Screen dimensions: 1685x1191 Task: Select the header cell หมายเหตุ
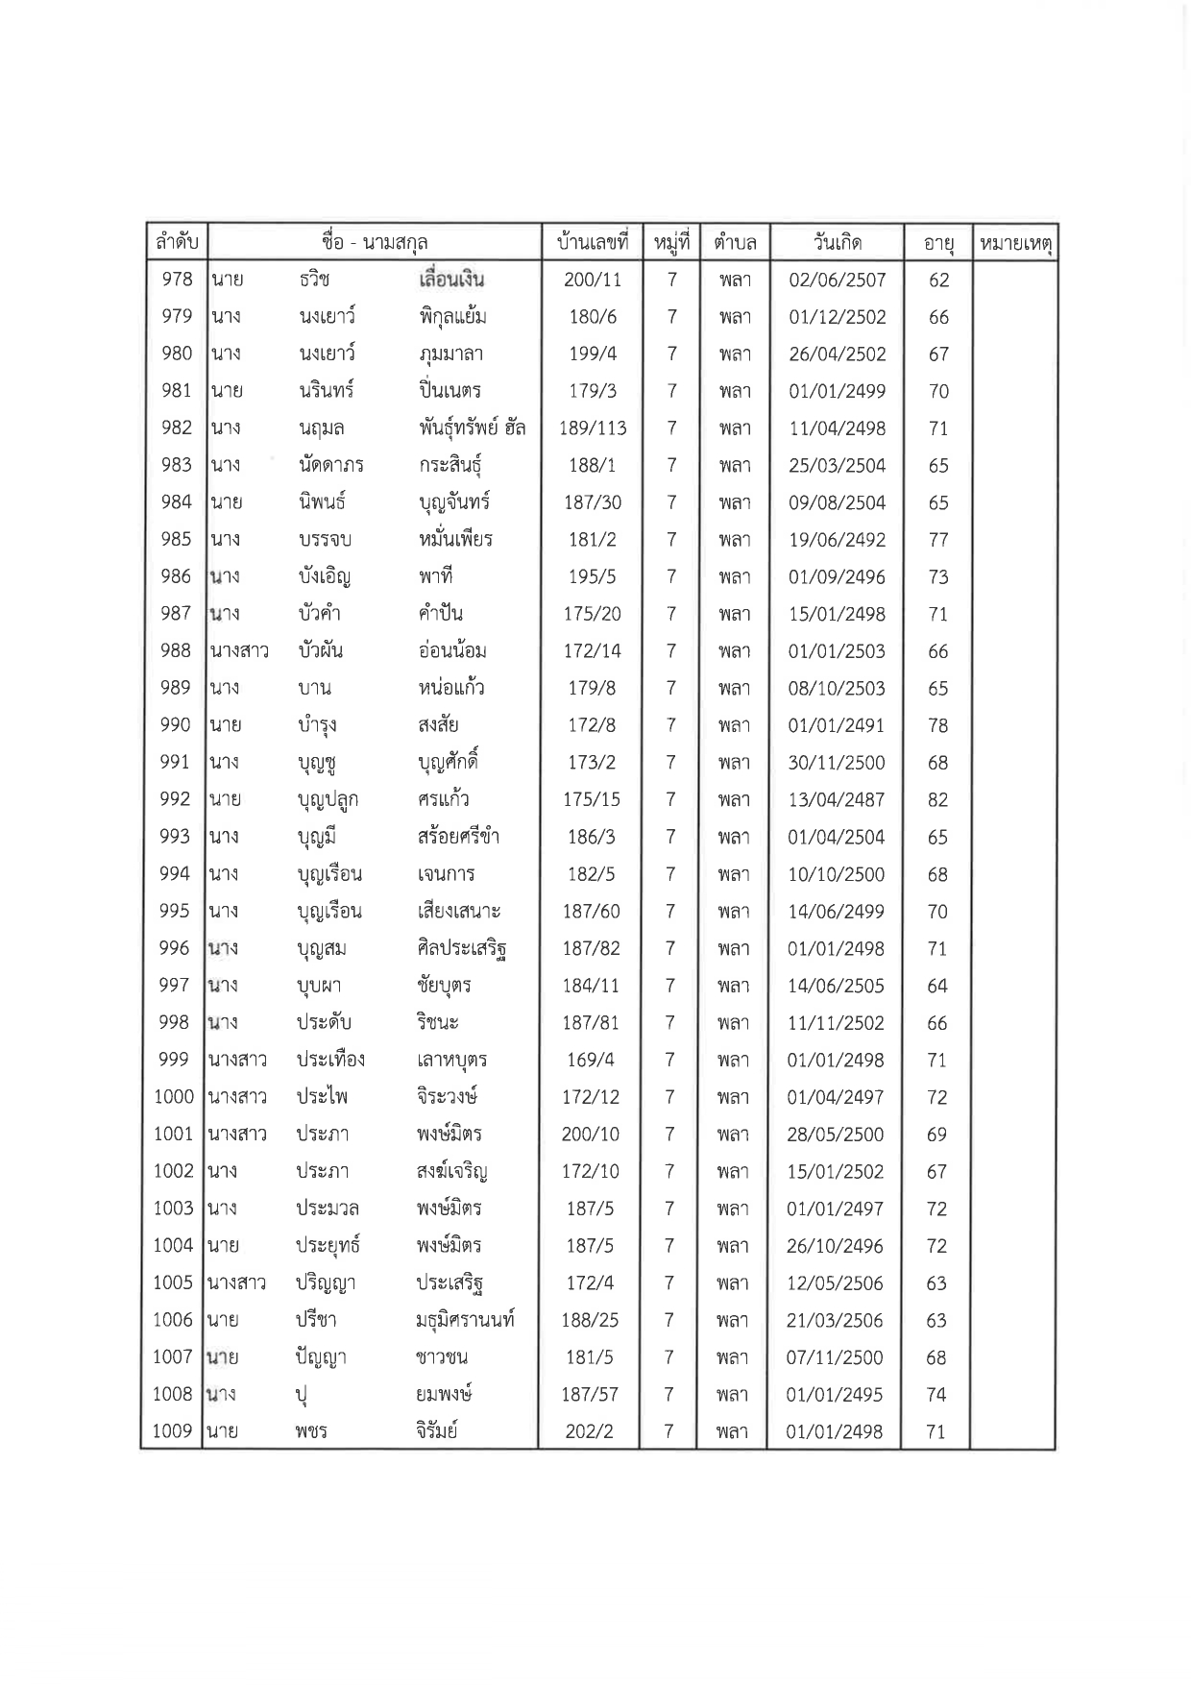pyautogui.click(x=1015, y=243)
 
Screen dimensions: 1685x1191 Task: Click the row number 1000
pyautogui.click(x=174, y=1097)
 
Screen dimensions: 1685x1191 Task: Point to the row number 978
pyautogui.click(x=177, y=280)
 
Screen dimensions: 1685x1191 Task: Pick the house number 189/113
pyautogui.click(x=593, y=428)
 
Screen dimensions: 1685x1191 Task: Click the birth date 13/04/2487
pyautogui.click(x=836, y=799)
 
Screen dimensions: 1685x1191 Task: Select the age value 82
pyautogui.click(x=937, y=799)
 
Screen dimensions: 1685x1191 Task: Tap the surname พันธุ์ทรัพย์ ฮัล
pyautogui.click(x=472, y=428)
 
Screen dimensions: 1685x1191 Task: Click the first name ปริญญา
pyautogui.click(x=327, y=1282)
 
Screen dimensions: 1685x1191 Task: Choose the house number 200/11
pyautogui.click(x=593, y=280)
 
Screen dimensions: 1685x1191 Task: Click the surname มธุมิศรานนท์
pyautogui.click(x=465, y=1320)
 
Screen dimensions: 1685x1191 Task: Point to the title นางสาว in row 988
pyautogui.click(x=239, y=651)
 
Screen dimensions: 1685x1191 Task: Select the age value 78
pyautogui.click(x=937, y=725)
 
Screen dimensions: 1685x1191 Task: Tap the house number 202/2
pyautogui.click(x=589, y=1431)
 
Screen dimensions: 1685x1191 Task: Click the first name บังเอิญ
pyautogui.click(x=324, y=577)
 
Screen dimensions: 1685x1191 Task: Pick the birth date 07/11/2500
pyautogui.click(x=835, y=1357)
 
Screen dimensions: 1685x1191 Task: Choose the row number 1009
pyautogui.click(x=173, y=1431)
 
